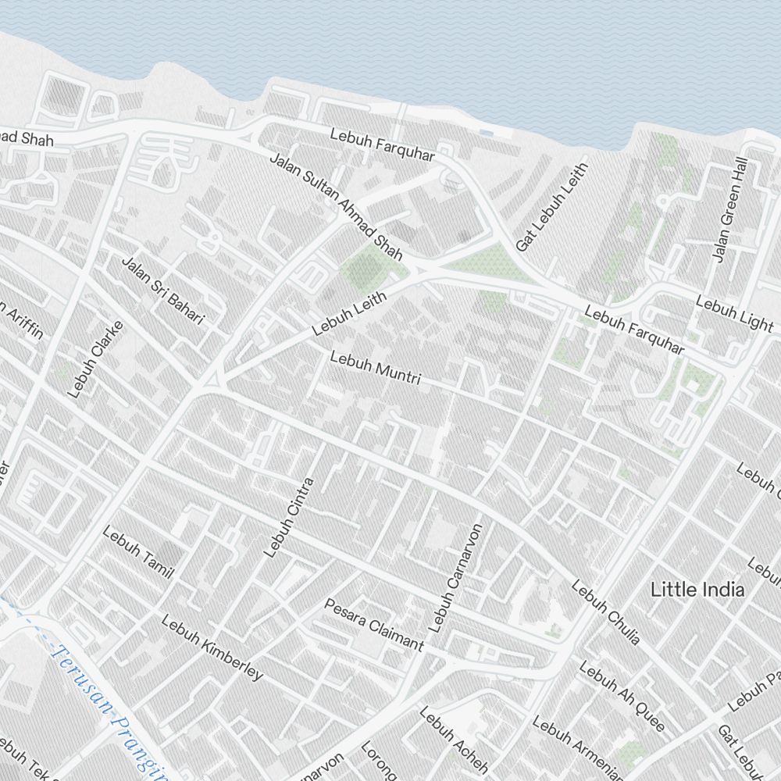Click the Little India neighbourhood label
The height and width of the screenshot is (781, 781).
point(697,590)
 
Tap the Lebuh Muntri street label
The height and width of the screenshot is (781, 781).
point(376,369)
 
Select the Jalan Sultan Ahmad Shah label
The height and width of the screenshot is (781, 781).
point(336,207)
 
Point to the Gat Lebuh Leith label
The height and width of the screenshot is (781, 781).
point(551,207)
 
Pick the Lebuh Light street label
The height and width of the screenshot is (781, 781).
point(734,313)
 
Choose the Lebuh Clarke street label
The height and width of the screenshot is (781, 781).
point(96,359)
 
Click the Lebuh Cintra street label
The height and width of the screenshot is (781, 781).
point(288,517)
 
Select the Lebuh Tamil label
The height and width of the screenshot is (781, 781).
point(137,554)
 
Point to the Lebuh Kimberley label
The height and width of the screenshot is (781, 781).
point(212,647)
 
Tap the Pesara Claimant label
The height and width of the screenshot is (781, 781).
point(374,625)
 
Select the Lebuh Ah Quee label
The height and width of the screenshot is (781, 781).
point(622,697)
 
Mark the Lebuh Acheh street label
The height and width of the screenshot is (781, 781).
point(454,740)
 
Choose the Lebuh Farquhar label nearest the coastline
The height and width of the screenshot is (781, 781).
point(382,144)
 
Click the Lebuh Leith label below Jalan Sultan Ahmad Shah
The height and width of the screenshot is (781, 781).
point(349,313)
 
